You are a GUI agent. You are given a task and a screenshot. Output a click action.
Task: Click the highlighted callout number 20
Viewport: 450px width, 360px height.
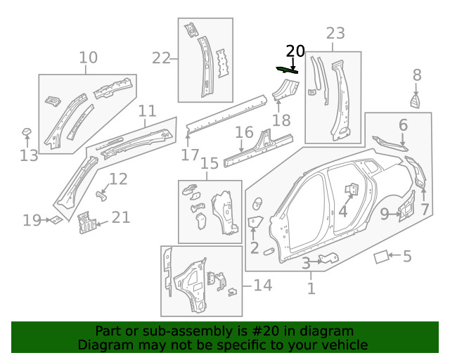pos(295,51)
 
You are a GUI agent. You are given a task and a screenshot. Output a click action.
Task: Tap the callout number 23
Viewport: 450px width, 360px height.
pos(335,33)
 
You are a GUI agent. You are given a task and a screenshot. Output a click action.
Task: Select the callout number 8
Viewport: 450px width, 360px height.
pos(417,75)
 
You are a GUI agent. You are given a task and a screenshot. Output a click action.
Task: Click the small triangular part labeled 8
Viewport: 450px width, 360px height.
pos(416,101)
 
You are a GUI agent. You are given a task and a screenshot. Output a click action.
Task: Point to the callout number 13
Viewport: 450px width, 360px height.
pos(29,155)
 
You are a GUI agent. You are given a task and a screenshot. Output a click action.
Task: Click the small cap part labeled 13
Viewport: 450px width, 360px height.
pos(26,131)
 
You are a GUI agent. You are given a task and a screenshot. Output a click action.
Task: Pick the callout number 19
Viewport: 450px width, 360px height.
pos(32,221)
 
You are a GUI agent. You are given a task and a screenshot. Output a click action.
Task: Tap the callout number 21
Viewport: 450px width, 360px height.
pos(121,217)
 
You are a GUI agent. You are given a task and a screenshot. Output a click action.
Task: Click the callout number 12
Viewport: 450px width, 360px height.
pos(118,179)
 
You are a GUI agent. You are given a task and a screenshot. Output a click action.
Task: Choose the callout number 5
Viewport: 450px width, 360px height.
pos(407,257)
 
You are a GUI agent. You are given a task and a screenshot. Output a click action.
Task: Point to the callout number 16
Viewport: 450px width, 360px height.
pos(244,132)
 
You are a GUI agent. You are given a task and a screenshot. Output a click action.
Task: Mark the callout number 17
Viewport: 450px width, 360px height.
pos(190,154)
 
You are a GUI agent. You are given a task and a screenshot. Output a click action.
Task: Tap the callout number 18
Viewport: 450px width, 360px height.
pos(281,121)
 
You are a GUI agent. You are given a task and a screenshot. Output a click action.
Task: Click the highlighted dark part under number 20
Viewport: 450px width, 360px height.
pos(287,69)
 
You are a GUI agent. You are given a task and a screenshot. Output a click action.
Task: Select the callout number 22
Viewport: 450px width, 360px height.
pos(162,58)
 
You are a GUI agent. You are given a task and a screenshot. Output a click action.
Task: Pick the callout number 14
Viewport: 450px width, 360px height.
pos(262,285)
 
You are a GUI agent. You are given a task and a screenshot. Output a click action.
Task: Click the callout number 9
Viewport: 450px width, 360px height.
pos(385,213)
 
